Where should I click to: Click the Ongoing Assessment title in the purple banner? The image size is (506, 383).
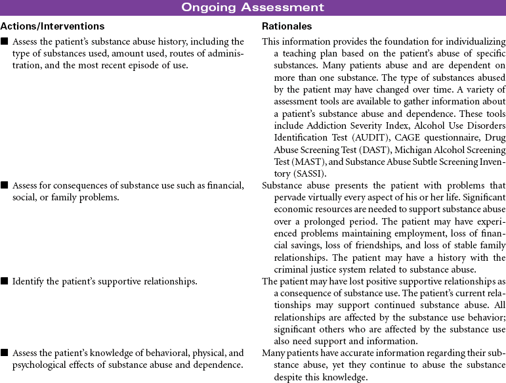coord(253,7)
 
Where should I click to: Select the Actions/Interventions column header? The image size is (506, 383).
coord(53,26)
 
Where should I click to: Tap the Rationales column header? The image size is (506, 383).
coord(287,26)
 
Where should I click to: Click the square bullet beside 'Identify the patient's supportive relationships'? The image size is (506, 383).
coord(5,281)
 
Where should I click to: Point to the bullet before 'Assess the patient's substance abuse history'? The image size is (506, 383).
coord(5,42)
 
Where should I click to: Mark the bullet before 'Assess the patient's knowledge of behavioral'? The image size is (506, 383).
coord(5,353)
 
